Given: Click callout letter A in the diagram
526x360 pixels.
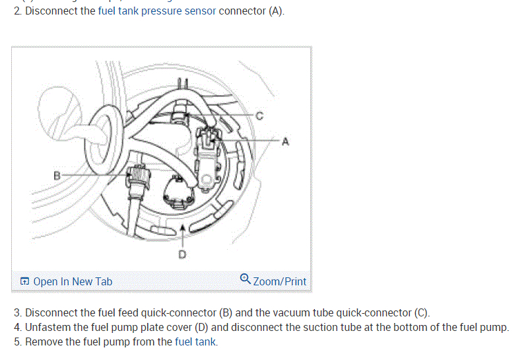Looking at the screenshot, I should coord(285,141).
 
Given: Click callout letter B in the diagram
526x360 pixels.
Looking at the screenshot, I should coord(57,175).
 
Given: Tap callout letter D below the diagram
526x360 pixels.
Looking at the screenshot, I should coord(183,254).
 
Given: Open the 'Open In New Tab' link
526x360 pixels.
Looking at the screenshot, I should coord(73,281).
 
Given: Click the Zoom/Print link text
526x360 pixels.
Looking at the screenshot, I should coord(280,281).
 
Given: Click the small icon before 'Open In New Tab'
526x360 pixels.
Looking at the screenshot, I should coord(24,281).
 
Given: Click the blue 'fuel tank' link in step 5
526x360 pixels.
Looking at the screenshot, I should coord(195,342).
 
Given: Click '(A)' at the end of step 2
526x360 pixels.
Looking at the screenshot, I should coord(276,13).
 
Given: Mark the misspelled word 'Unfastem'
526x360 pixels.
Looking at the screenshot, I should coord(47,327).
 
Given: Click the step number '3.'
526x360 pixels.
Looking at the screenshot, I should coord(17,312).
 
